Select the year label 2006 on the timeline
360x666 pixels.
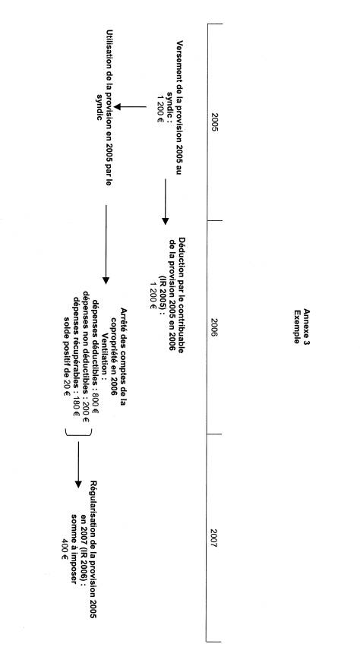tap(214, 327)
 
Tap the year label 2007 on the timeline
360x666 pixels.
tap(213, 538)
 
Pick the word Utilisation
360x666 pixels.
tap(110, 48)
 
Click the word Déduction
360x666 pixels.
tap(181, 254)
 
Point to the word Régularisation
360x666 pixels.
tap(93, 505)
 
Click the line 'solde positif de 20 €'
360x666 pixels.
tap(67, 356)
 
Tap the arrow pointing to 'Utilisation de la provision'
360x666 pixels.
tap(131, 106)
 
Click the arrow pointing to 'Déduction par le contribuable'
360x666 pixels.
tap(166, 202)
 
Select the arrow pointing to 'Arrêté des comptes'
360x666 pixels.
tap(106, 245)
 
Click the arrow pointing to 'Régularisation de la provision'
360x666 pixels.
tap(77, 465)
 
